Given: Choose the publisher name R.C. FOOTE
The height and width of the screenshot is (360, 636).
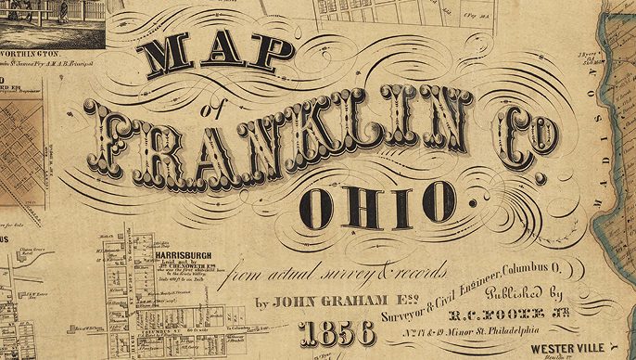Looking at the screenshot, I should [507, 314].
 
